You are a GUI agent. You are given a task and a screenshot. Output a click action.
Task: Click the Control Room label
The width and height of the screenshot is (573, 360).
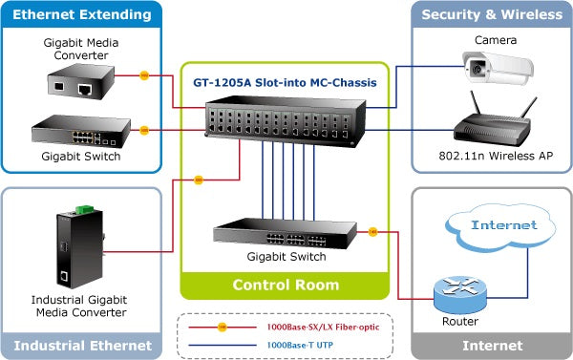point(286,285)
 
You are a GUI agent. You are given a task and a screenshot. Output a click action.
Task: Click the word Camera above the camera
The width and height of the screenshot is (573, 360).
point(496,40)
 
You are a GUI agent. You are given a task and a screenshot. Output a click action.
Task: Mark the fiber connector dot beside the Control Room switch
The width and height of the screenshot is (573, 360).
point(371,231)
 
